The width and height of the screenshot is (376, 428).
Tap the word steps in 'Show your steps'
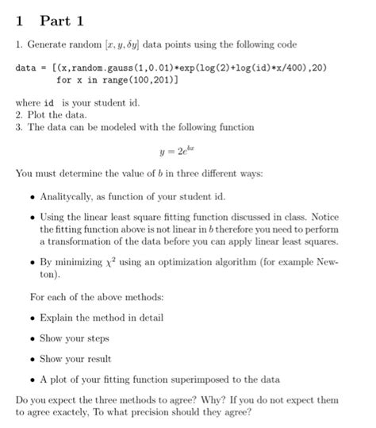click(99, 338)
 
